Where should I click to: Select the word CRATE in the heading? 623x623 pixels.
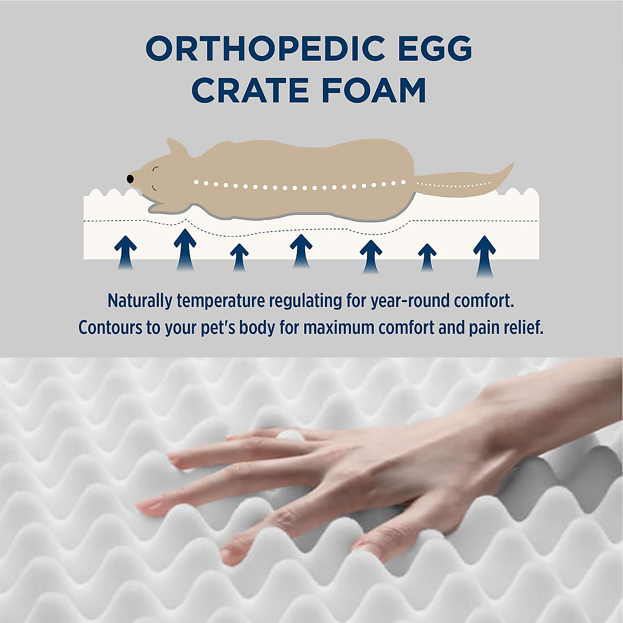[x=250, y=90]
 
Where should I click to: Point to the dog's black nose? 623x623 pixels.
[x=130, y=179]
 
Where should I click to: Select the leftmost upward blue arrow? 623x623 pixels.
[x=125, y=252]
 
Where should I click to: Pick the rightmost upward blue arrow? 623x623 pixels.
[x=484, y=255]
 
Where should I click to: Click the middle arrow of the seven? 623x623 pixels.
[x=301, y=251]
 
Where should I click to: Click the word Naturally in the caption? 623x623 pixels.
[x=140, y=301]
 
